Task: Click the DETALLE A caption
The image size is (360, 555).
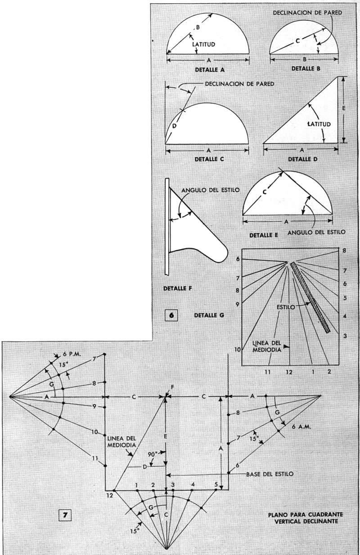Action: pos(210,70)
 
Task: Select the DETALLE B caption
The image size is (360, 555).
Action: pos(306,69)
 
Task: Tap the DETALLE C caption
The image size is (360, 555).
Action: pos(209,159)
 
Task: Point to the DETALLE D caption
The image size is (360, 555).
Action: pos(303,159)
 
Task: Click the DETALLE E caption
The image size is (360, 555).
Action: pos(264,235)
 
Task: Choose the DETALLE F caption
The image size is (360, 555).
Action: pos(178,288)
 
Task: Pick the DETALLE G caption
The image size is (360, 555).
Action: pos(209,315)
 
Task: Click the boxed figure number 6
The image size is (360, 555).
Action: pos(171,315)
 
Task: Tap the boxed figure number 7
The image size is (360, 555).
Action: pos(65,515)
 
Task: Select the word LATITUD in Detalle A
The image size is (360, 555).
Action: pos(204,45)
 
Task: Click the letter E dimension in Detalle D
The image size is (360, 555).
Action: pos(344,108)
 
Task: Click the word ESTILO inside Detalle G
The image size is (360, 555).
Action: pos(286,307)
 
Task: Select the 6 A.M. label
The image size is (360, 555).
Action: pos(301,427)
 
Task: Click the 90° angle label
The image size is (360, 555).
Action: pos(153,454)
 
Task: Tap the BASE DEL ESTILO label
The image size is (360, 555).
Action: pos(270,474)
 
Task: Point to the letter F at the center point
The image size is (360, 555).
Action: pos(171,386)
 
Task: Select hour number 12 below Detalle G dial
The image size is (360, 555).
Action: pos(289,372)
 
